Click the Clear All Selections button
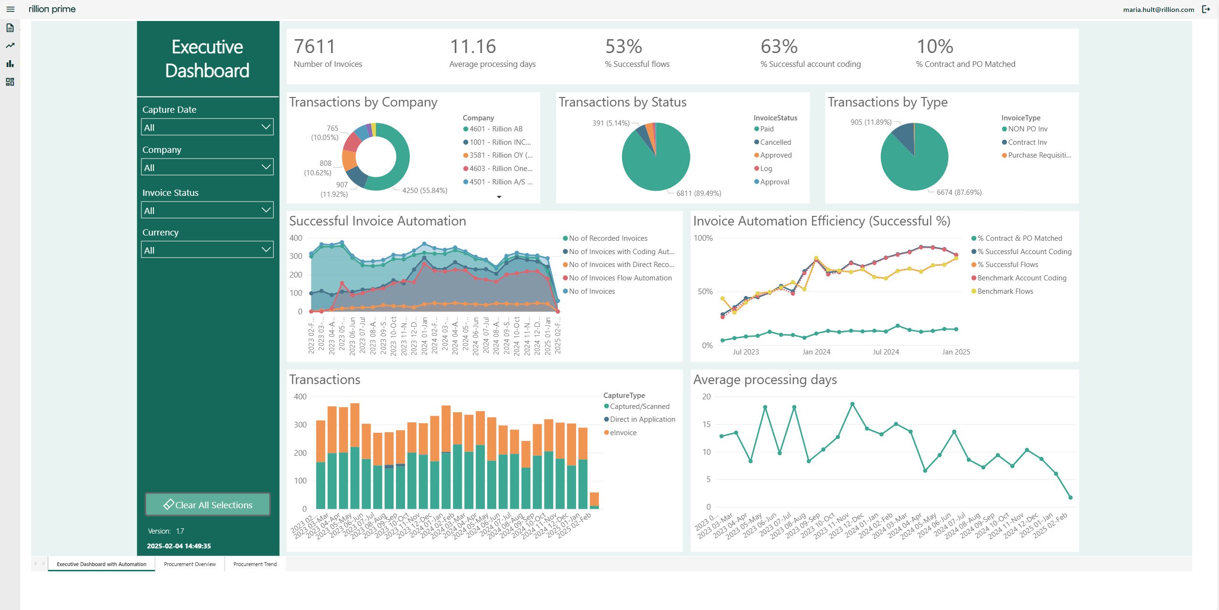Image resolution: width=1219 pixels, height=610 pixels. [208, 504]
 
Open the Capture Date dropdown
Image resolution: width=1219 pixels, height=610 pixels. [207, 127]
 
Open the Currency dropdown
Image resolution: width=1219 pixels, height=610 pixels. [207, 250]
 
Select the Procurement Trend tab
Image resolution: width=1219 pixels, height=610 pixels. [255, 564]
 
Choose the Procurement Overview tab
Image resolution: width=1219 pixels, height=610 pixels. [190, 564]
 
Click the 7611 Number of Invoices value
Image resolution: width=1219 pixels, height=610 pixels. [315, 47]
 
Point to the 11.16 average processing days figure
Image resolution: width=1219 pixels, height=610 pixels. [472, 47]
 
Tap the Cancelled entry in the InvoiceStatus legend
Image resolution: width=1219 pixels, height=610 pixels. [775, 142]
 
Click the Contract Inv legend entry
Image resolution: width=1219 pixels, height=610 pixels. [1027, 142]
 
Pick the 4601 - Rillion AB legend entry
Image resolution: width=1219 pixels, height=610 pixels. [495, 129]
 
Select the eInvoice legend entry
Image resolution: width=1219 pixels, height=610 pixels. [623, 433]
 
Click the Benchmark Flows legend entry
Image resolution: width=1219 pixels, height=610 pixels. [1005, 291]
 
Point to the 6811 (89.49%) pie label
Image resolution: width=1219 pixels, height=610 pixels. [698, 193]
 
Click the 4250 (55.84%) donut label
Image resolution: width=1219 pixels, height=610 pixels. [425, 191]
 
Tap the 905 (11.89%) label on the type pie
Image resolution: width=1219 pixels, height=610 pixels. [871, 122]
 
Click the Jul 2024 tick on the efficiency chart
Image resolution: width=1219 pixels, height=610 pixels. [886, 352]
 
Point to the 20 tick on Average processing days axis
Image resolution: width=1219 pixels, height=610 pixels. [706, 396]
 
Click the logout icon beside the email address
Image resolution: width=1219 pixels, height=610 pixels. [1206, 9]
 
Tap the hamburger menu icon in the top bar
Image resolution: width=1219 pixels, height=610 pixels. [11, 9]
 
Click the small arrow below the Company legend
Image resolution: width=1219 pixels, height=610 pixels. [499, 197]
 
